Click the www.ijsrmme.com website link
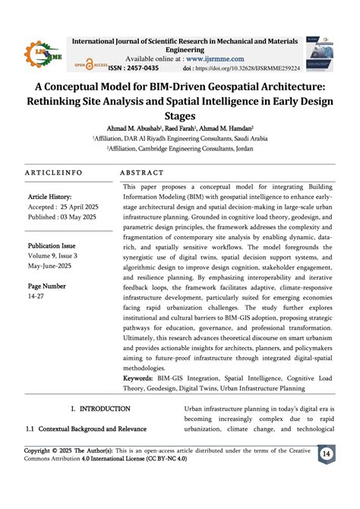(x=216, y=58)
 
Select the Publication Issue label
(x=52, y=245)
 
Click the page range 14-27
(x=36, y=297)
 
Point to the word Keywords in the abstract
(x=137, y=378)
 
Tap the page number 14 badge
(x=327, y=454)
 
